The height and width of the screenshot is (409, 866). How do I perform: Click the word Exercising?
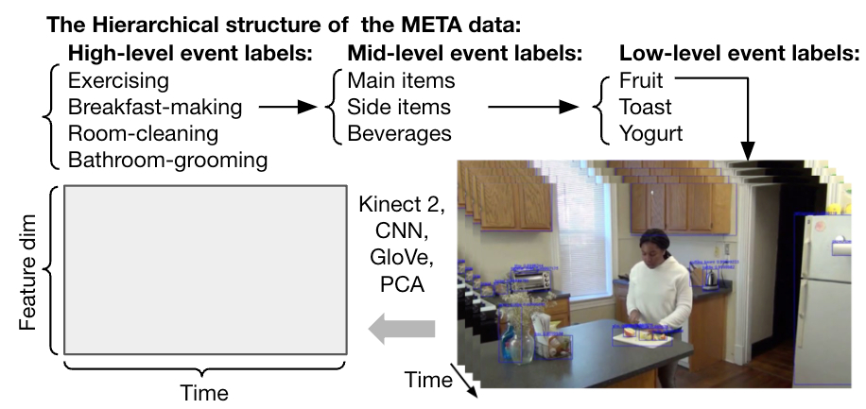point(119,81)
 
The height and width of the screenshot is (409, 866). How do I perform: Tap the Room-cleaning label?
point(144,134)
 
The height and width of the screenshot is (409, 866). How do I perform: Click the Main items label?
point(401,81)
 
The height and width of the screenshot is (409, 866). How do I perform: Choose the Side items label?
point(399,108)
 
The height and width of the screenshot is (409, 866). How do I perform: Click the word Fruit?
point(642,81)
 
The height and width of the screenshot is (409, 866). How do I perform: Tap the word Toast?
point(646,108)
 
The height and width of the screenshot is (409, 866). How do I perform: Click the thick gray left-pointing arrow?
point(401,329)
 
